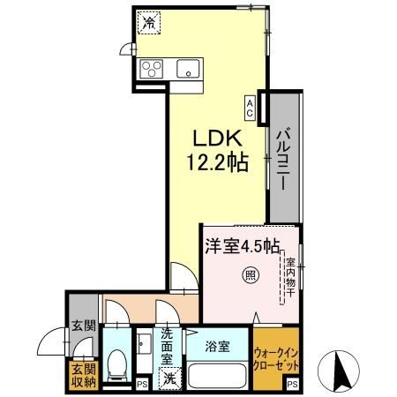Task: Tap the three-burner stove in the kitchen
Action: coord(151,68)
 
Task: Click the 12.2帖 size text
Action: coord(215,162)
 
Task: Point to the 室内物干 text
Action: coord(289,276)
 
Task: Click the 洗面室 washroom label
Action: coord(167,348)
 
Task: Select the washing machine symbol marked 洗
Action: coord(169,379)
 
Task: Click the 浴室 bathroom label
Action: coord(217,346)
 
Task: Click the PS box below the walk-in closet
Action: coord(292,385)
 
